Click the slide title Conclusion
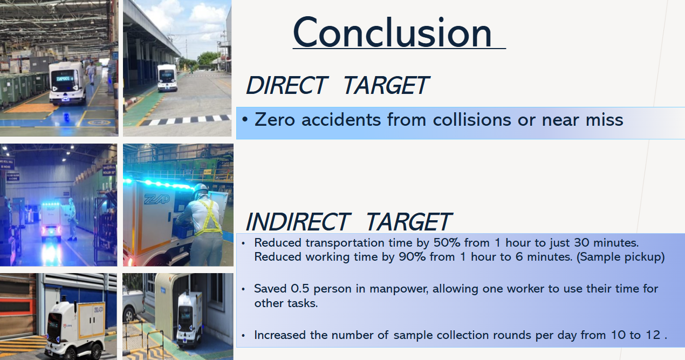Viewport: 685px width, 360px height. click(392, 33)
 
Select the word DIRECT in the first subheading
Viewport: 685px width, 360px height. click(287, 85)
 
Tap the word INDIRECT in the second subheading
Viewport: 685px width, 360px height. click(297, 222)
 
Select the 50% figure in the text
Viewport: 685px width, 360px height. click(447, 243)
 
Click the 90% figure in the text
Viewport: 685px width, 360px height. click(412, 256)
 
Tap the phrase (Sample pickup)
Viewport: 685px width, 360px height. click(620, 257)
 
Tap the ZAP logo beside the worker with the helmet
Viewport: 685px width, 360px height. click(157, 200)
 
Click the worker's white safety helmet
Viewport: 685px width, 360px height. click(201, 189)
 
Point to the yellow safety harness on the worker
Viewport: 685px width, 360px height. click(210, 218)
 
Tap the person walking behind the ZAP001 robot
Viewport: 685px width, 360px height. click(91, 72)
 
